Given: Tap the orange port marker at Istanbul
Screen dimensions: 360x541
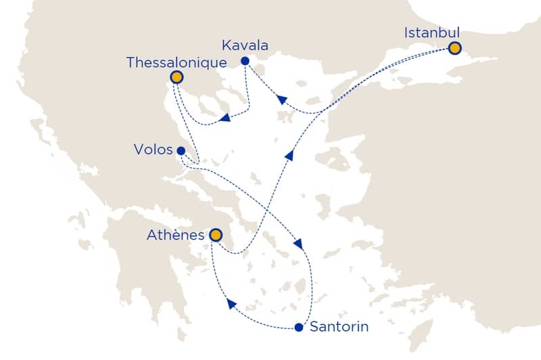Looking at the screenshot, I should (454, 48).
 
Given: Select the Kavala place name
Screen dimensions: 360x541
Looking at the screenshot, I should (245, 46).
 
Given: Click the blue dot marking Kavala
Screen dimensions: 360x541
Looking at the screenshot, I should (245, 62).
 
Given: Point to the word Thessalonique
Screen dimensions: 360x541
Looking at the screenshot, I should (176, 62).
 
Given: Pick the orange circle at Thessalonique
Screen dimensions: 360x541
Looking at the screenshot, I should (177, 77).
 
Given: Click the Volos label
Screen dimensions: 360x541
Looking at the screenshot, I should (154, 150).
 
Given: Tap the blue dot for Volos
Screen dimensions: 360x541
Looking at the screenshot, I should (181, 151).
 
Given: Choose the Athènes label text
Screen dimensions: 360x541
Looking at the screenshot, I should (174, 235).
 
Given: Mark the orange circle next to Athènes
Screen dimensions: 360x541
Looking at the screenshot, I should (215, 235).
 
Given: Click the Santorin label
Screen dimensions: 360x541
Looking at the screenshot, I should (338, 328).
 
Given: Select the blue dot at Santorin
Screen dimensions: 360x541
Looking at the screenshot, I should (298, 328).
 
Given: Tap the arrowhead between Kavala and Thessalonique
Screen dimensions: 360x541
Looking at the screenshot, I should (225, 119).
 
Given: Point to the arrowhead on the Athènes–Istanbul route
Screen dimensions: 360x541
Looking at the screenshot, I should (289, 155).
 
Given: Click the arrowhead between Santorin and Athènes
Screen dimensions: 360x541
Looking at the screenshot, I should (231, 306).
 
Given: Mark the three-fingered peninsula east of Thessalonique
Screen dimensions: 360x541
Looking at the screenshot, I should (216, 102).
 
